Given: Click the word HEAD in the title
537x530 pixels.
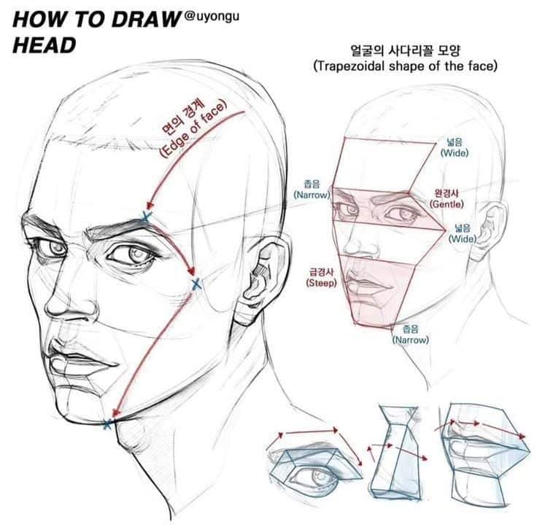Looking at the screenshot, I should pyautogui.click(x=45, y=45).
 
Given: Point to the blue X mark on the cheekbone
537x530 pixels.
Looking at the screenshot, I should pyautogui.click(x=194, y=285).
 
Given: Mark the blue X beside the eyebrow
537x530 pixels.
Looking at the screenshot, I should pyautogui.click(x=146, y=217).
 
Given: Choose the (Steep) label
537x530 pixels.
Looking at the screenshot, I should pyautogui.click(x=321, y=282).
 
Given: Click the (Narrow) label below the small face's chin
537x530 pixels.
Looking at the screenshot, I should pyautogui.click(x=411, y=340).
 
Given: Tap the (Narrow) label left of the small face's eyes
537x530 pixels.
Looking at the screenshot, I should pyautogui.click(x=312, y=195).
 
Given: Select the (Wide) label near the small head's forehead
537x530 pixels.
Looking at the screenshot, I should pyautogui.click(x=454, y=153).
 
